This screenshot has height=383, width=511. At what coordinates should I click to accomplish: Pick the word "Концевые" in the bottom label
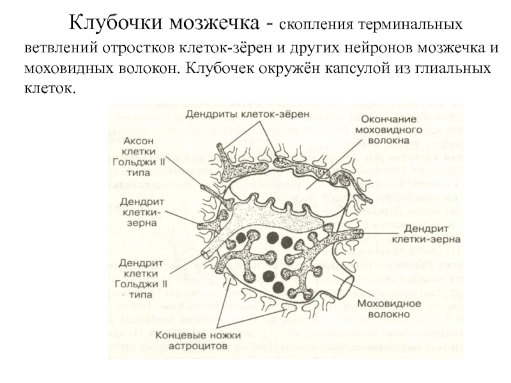pos(180,333)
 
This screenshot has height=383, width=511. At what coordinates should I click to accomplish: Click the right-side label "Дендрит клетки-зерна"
pos(432,234)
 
